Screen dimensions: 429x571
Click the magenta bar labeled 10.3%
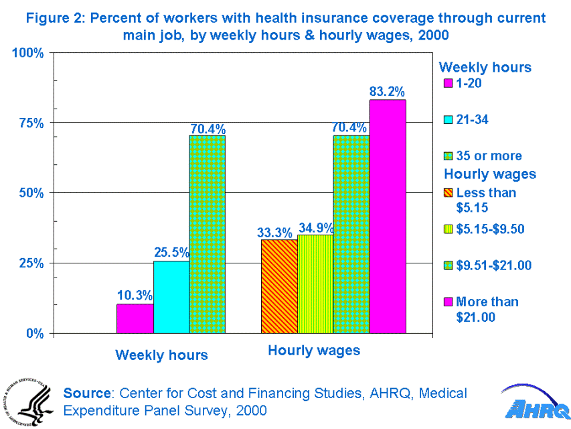pos(135,318)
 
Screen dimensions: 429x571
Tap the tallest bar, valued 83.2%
pos(388,216)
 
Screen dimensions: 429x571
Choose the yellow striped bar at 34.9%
pos(315,284)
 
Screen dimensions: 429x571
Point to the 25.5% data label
pos(171,253)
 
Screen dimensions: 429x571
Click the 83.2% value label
pos(388,92)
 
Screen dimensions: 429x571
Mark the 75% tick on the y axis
pos(30,123)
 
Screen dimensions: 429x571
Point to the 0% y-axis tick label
pos(34,333)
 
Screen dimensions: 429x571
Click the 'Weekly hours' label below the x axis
pos(161,355)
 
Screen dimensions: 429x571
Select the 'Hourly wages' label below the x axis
pos(314,350)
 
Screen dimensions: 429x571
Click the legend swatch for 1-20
pos(448,84)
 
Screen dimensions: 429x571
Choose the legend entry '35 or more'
pos(488,156)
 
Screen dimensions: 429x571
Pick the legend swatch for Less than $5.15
pos(448,194)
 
